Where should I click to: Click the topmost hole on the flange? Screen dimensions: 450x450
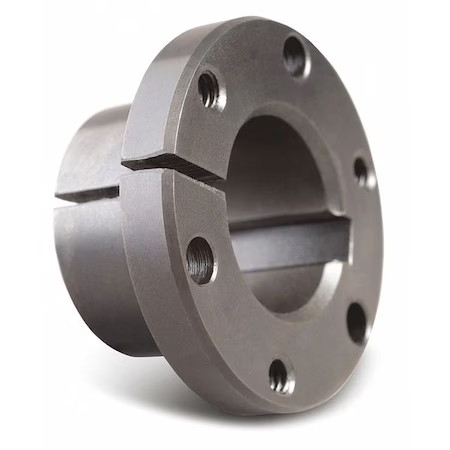295,54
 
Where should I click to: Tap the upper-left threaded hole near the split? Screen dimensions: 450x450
209,90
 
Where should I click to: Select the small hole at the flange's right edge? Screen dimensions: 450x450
361,170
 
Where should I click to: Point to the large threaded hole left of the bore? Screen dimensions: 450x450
200,260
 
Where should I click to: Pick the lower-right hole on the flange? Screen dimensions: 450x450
356,321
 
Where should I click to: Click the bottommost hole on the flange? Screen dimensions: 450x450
281,375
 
